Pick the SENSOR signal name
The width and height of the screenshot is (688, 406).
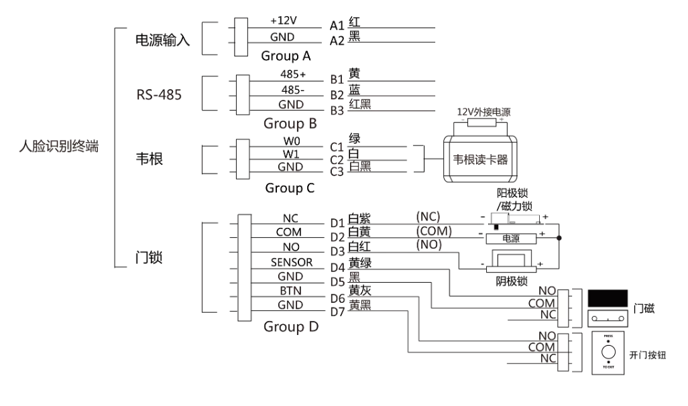coord(292,263)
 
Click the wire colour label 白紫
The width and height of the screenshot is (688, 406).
coord(359,218)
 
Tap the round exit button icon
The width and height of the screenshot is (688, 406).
coord(608,352)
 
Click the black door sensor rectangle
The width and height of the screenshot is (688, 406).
coord(608,299)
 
